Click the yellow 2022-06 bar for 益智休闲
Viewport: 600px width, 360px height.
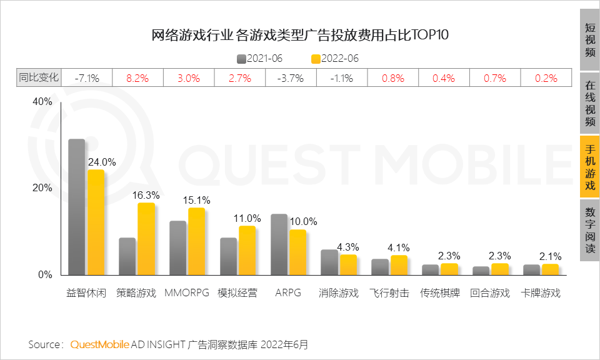click(x=96, y=222)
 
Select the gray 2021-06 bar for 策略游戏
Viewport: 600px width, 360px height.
click(x=127, y=256)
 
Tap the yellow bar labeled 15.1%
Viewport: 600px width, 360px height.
click(x=196, y=241)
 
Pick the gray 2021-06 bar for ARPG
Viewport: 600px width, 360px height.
click(x=279, y=244)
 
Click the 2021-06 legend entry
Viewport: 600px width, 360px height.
click(x=259, y=59)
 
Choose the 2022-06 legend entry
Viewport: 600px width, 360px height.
click(x=335, y=59)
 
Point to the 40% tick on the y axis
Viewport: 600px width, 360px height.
click(x=42, y=101)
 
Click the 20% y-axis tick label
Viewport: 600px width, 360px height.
click(x=42, y=188)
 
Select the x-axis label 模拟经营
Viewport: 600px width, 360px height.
click(x=237, y=292)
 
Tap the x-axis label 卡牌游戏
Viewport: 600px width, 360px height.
click(x=541, y=292)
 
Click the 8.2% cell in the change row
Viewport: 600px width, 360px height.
click(x=137, y=78)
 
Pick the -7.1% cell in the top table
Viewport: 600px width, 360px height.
click(x=87, y=78)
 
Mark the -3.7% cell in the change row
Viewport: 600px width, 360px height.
click(x=290, y=78)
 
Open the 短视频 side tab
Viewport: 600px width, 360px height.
click(x=589, y=40)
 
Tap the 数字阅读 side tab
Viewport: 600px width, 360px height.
click(x=589, y=231)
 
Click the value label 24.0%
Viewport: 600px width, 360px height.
click(x=102, y=162)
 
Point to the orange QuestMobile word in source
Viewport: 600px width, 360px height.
click(x=100, y=344)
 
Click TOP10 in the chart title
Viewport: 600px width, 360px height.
click(x=428, y=35)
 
